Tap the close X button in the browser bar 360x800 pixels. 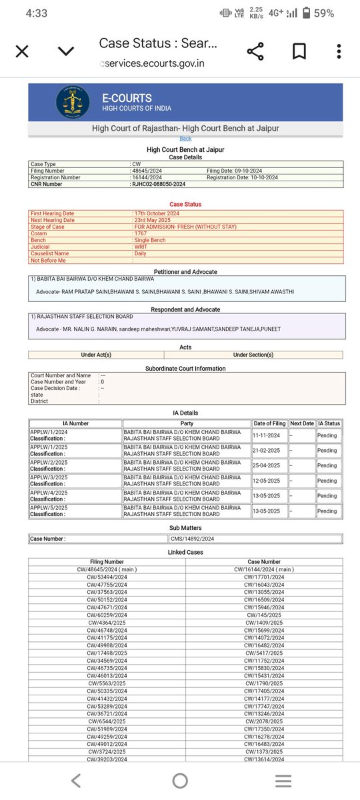pos(21,51)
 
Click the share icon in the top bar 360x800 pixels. pos(255,51)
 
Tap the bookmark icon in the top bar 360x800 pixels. pos(299,51)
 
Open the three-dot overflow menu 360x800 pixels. pos(339,51)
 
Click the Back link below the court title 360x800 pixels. pos(185,139)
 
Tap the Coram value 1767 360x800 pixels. pos(140,234)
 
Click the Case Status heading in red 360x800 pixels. pos(185,204)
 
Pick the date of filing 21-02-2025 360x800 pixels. pos(270,451)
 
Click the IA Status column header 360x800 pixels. pos(329,423)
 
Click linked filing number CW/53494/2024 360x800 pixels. pos(107,577)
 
